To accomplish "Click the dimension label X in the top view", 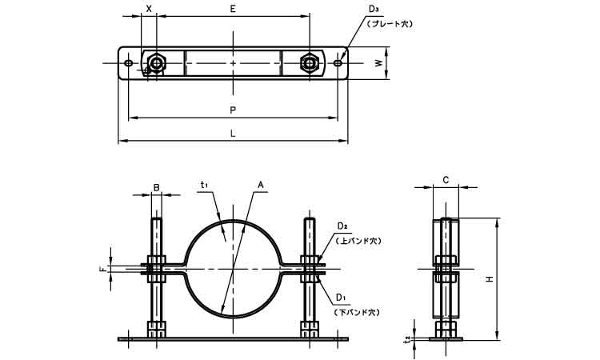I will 149,9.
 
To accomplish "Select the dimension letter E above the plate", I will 233,9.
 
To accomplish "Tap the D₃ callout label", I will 374,10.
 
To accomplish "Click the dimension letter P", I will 233,110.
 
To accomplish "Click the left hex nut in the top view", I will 157,62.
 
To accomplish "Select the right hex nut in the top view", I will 309,62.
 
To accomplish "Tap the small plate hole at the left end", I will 129,62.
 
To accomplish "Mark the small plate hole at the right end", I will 338,62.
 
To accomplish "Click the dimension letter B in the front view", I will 157,189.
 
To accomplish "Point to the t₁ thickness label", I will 205,186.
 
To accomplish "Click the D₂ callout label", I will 341,226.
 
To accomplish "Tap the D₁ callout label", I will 341,298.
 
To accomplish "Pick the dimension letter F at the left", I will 102,270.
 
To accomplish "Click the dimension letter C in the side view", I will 446,180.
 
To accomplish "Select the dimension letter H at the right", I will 489,279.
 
